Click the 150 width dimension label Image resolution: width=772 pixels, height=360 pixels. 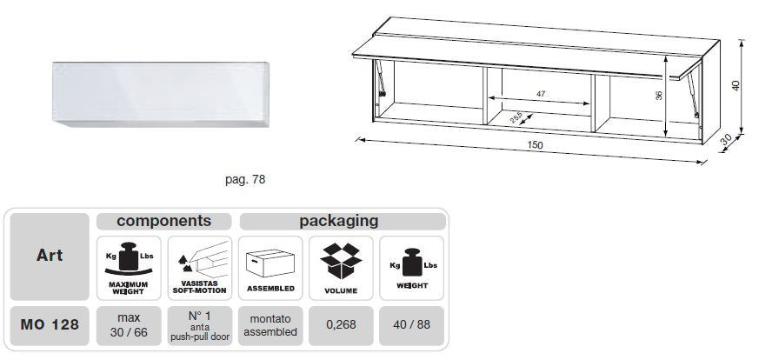(x=535, y=145)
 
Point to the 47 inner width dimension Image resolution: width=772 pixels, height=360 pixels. (x=541, y=94)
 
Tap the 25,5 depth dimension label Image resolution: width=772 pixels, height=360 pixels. (x=516, y=118)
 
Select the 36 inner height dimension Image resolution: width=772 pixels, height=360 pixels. (x=659, y=96)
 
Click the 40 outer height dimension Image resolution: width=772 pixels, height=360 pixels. (x=736, y=86)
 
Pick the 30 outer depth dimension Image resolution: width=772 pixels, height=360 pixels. (x=726, y=140)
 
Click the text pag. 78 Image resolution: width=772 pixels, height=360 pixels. (x=245, y=180)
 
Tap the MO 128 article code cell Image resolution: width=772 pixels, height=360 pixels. (x=50, y=325)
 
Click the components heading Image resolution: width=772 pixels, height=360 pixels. (x=164, y=221)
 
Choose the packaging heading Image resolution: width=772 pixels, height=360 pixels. (x=339, y=221)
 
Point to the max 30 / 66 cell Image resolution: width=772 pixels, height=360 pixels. (x=129, y=325)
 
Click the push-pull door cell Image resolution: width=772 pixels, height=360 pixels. (x=200, y=325)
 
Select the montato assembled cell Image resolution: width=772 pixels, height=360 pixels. (x=270, y=325)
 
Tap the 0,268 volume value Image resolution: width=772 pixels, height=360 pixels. (x=341, y=325)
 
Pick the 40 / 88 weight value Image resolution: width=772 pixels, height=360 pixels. (x=411, y=325)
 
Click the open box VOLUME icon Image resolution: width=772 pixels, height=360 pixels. (x=341, y=261)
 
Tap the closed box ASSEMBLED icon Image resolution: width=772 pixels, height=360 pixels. (x=270, y=263)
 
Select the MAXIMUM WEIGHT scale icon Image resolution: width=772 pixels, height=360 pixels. (x=129, y=258)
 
